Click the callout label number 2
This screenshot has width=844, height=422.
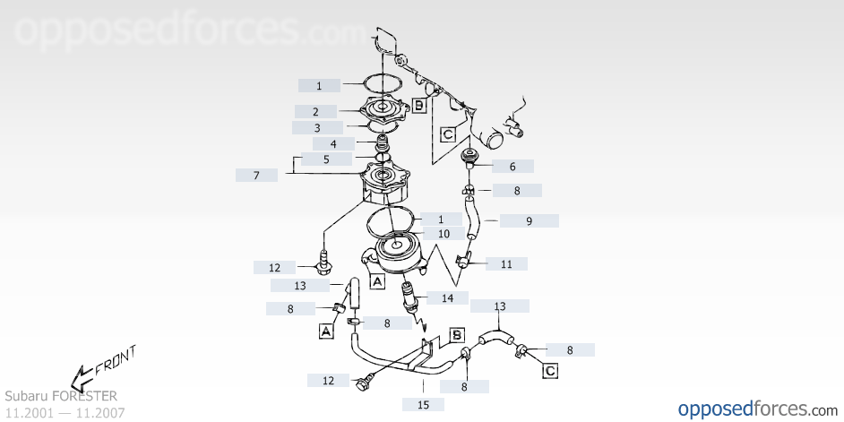click(315, 112)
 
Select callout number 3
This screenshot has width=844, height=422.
click(317, 128)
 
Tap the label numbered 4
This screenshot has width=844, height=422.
click(333, 144)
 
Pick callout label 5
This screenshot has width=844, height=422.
click(326, 159)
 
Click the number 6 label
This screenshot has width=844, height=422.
click(512, 167)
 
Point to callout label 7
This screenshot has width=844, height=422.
click(257, 175)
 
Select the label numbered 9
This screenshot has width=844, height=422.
click(530, 220)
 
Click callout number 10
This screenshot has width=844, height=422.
click(444, 234)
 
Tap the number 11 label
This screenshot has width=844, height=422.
click(506, 263)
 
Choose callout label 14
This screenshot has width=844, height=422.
click(447, 298)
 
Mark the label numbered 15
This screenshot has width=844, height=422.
click(423, 405)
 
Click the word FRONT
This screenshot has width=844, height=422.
click(116, 360)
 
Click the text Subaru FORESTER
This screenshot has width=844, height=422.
click(61, 396)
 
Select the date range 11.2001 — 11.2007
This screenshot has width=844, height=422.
click(65, 413)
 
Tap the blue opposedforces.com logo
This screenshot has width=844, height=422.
click(758, 409)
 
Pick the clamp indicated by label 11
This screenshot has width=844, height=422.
click(464, 259)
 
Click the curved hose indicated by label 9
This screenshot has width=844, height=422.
click(471, 220)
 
